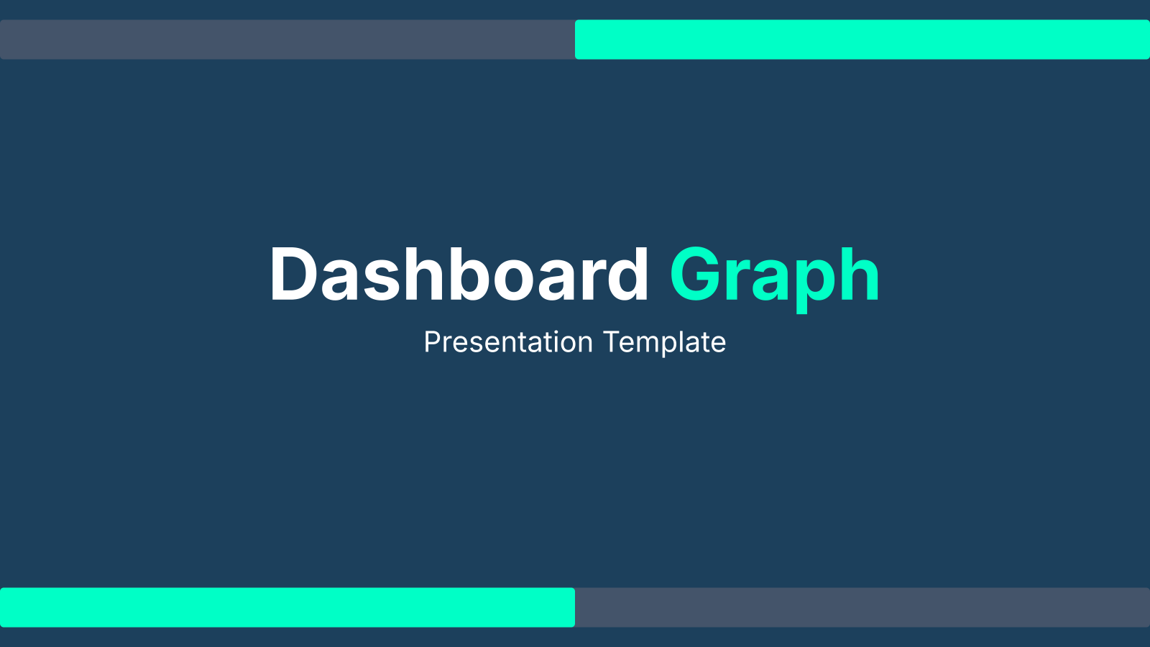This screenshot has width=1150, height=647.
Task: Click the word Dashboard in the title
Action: pos(459,274)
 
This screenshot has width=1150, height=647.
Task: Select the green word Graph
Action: pos(776,279)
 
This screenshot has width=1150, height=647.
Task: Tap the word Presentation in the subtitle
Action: pos(508,342)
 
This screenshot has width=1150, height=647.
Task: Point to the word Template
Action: pos(664,342)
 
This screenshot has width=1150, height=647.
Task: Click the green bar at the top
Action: pos(862,40)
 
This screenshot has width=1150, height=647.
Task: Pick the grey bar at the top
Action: pos(287,40)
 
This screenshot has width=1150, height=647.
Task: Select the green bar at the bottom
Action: pos(287,607)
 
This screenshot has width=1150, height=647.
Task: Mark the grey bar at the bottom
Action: pos(862,607)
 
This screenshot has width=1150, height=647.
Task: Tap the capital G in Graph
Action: pos(696,274)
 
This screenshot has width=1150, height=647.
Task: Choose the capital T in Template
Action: pos(612,342)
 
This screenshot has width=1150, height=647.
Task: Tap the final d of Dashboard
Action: pos(628,273)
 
